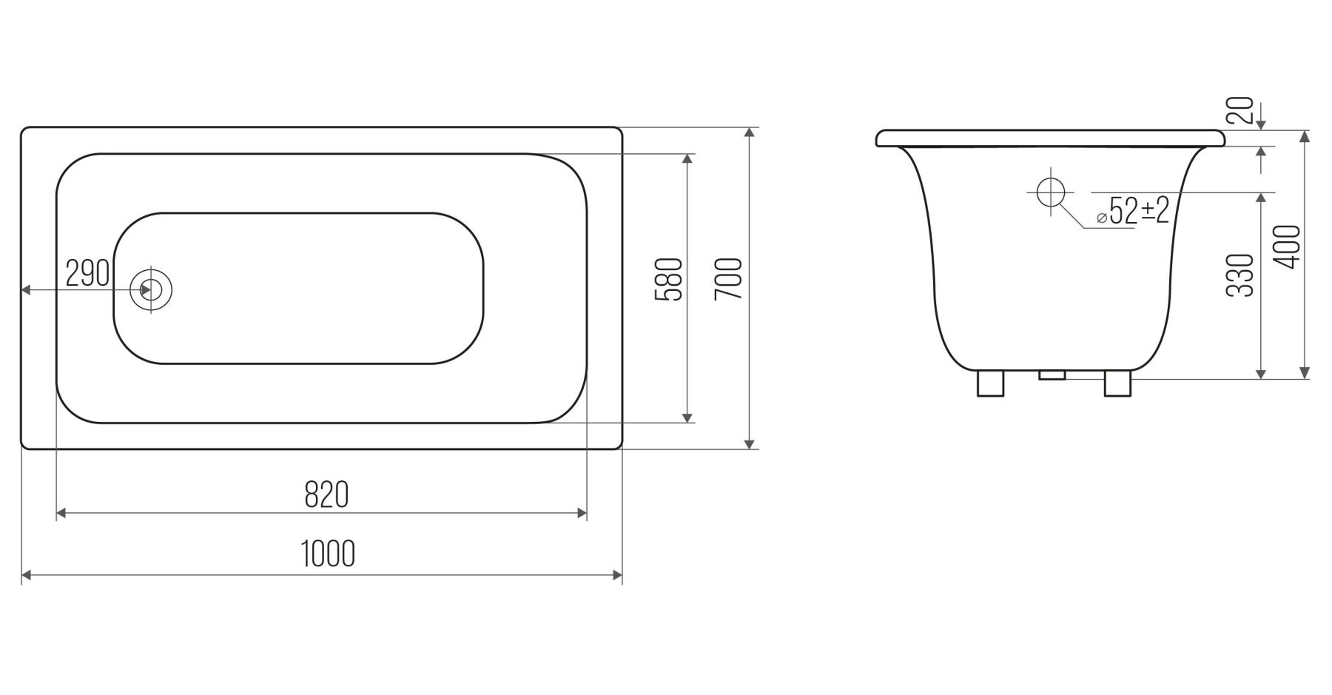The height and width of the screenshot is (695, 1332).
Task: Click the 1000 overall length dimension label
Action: coord(329,554)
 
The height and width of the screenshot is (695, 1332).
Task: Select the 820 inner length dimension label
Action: coord(326,494)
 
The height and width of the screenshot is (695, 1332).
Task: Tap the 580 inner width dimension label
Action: coord(667,280)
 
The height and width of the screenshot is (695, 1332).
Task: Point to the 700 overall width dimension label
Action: coord(729,278)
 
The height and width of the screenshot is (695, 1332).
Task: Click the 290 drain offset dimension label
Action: coord(87,273)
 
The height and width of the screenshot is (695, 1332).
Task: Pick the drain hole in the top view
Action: coord(151,289)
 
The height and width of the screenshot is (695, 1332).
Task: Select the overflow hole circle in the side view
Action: coord(1051,192)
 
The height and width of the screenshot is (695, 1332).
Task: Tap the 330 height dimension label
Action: coord(1241,275)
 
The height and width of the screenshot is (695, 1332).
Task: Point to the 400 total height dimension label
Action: coord(1288,246)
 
